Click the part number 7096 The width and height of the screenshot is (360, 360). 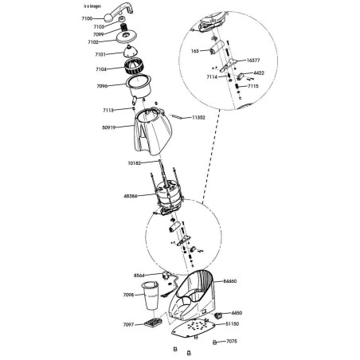click(101, 86)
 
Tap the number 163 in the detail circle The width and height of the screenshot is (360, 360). click(195, 51)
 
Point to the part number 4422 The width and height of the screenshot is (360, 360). click(260, 72)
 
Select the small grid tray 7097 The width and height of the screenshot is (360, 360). click(154, 324)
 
